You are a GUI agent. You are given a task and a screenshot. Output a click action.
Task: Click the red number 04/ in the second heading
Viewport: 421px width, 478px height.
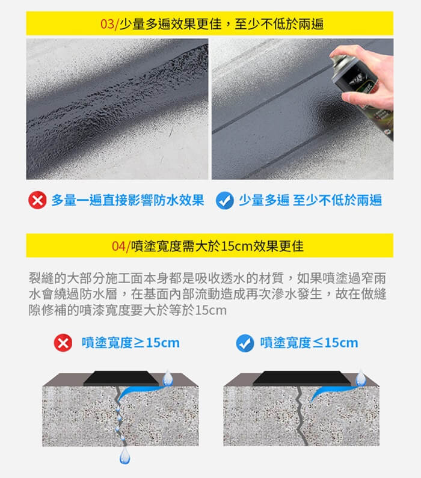click(121, 247)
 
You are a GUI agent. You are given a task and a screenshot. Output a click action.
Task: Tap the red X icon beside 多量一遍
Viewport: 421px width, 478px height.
click(37, 200)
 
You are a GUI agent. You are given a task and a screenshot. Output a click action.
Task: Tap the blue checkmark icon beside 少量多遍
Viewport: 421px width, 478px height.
click(225, 200)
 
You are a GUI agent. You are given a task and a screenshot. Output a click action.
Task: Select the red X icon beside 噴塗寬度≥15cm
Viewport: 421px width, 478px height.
click(63, 343)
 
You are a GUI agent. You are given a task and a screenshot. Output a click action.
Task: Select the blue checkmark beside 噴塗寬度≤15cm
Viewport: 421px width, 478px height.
click(245, 343)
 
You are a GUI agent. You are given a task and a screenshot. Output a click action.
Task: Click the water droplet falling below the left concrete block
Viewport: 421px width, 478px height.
click(124, 456)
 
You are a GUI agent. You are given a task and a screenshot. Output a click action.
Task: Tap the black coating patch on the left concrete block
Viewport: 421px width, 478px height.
click(121, 378)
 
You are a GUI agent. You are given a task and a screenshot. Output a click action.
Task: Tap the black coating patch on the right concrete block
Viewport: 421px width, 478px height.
click(302, 378)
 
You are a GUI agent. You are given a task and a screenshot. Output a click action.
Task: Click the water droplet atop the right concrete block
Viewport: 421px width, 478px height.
click(361, 378)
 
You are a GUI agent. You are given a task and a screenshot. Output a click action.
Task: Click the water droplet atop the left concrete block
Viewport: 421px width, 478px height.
click(168, 378)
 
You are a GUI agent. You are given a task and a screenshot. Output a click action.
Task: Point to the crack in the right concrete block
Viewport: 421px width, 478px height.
click(301, 416)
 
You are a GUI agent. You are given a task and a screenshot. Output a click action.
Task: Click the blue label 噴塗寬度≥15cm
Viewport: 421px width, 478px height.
click(131, 343)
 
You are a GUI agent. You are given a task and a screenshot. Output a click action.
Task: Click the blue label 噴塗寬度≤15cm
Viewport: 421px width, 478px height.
click(309, 343)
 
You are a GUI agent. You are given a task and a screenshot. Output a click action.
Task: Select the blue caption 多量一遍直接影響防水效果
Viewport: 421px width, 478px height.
click(128, 200)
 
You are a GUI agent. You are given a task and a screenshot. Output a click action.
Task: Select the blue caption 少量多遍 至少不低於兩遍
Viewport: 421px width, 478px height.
click(310, 200)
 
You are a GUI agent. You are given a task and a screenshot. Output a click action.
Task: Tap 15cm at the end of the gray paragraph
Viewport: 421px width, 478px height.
click(210, 311)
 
